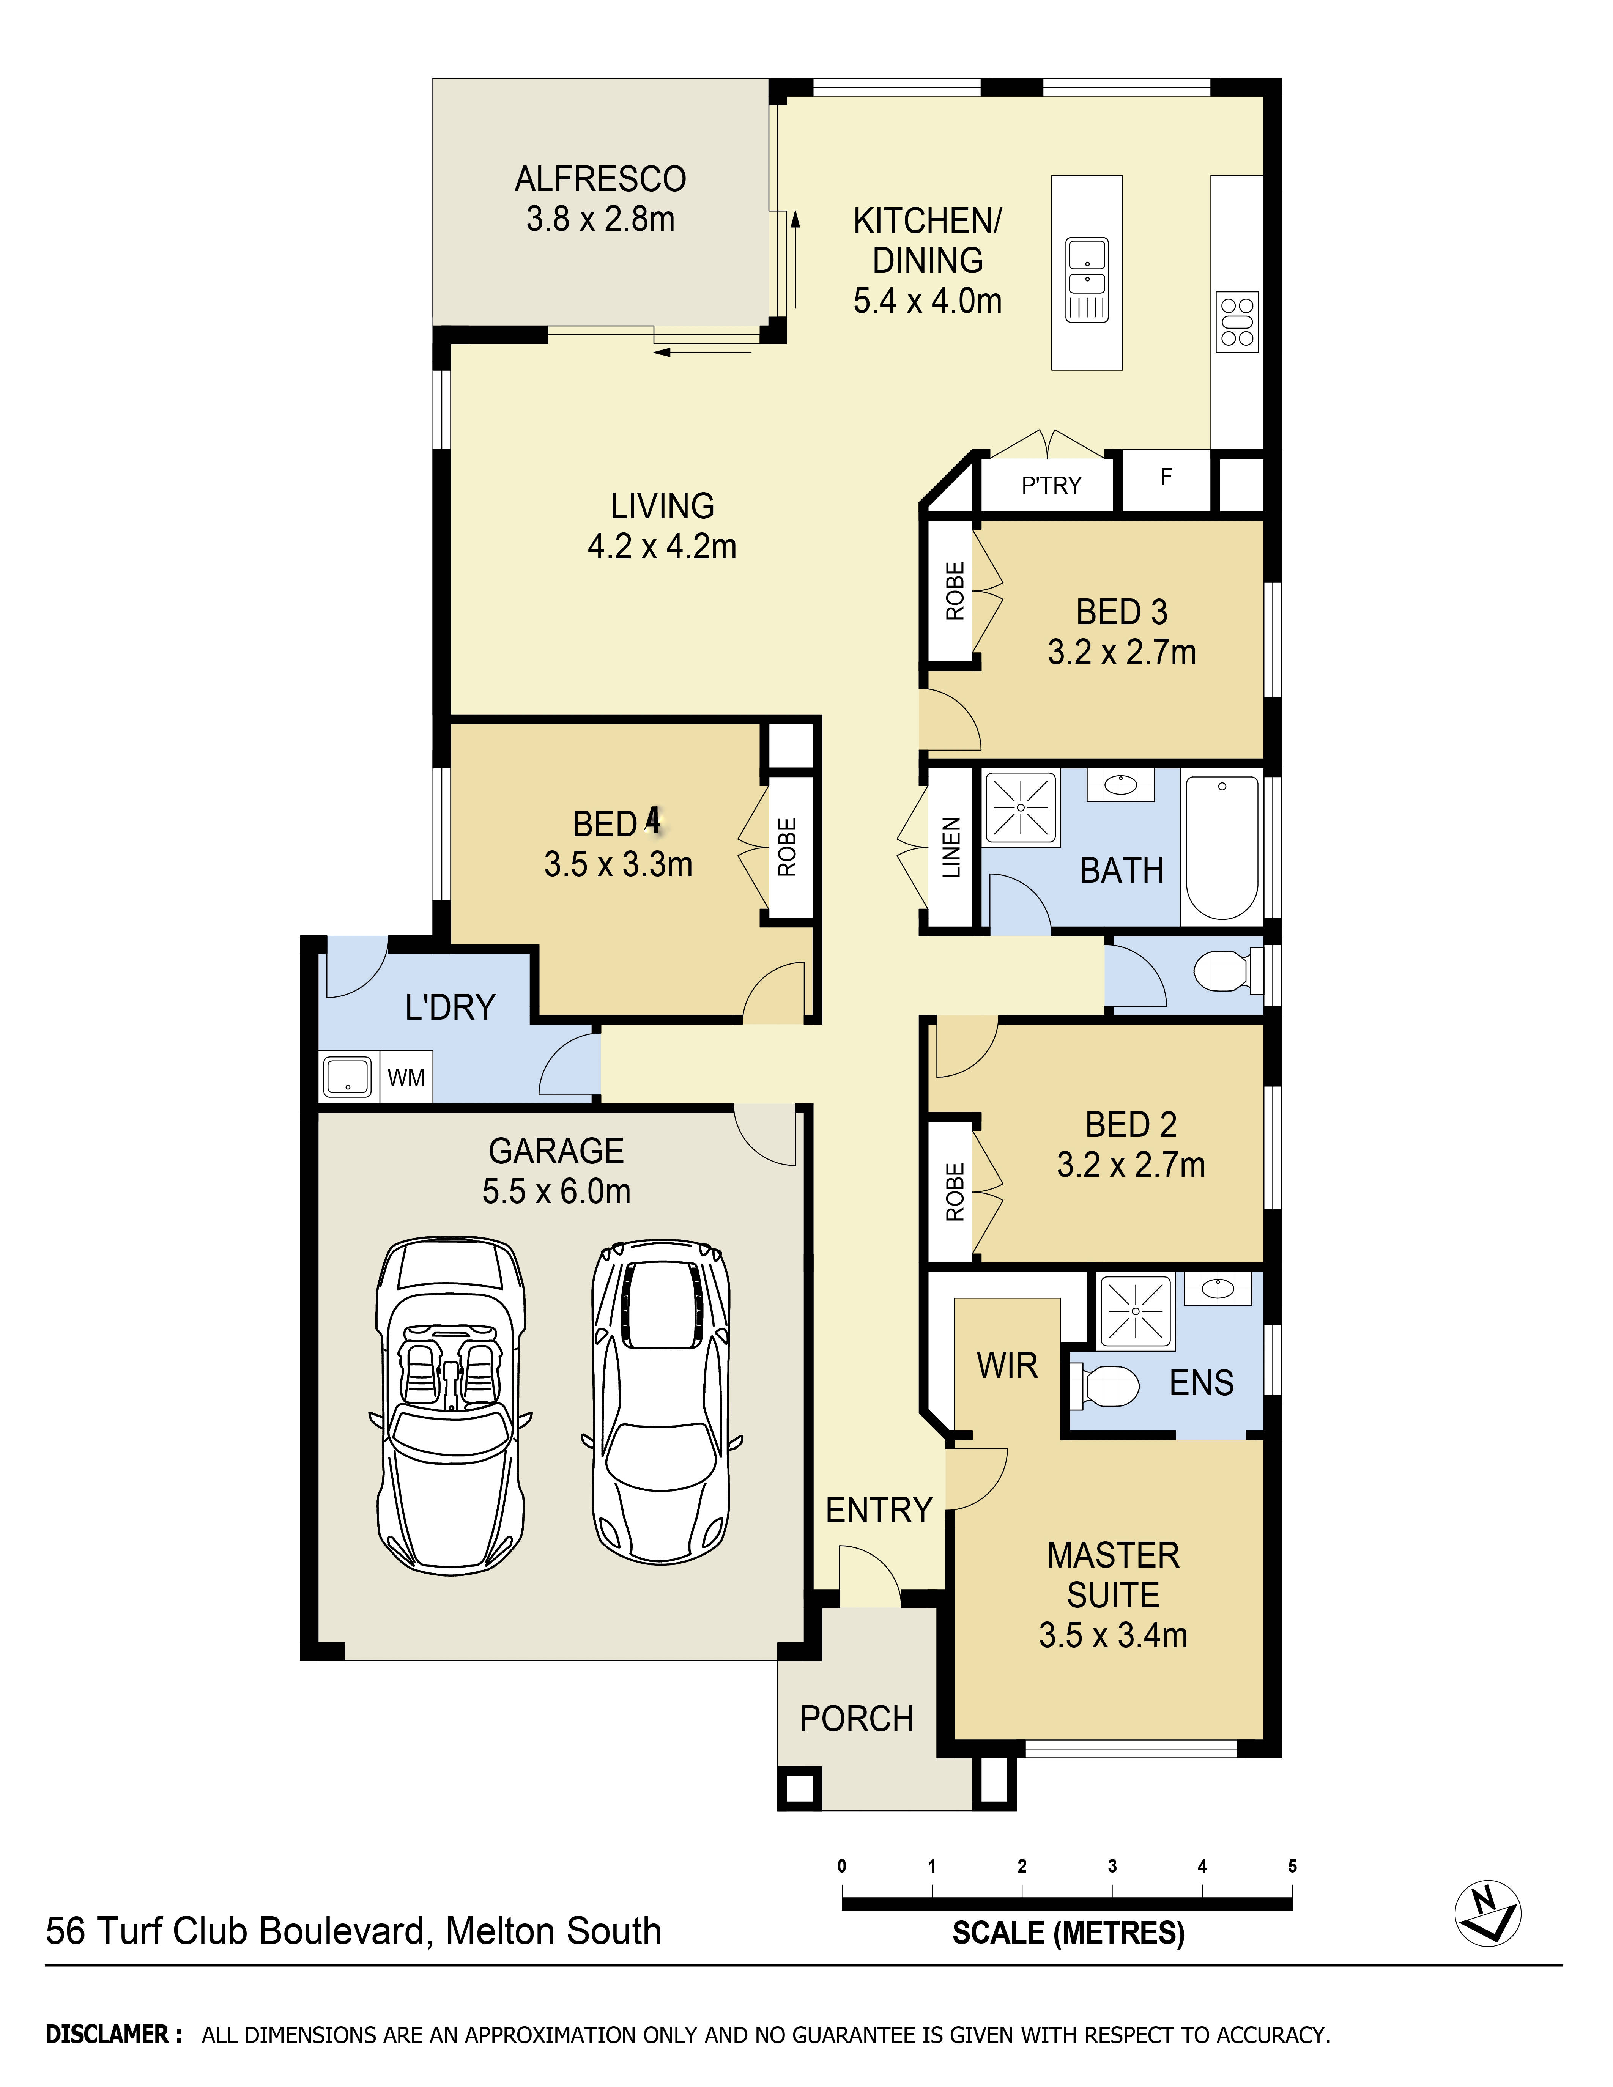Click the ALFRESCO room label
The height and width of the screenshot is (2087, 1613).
click(600, 179)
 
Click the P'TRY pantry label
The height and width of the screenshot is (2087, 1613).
click(1050, 485)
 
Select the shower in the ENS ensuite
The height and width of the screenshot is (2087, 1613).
click(1135, 1311)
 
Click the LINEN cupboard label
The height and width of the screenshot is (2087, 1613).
click(951, 848)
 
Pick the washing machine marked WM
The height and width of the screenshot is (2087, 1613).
click(406, 1078)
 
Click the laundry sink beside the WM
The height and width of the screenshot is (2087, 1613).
click(348, 1077)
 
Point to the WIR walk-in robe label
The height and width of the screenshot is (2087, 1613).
click(1007, 1366)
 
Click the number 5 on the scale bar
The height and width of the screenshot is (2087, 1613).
click(1292, 1866)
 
